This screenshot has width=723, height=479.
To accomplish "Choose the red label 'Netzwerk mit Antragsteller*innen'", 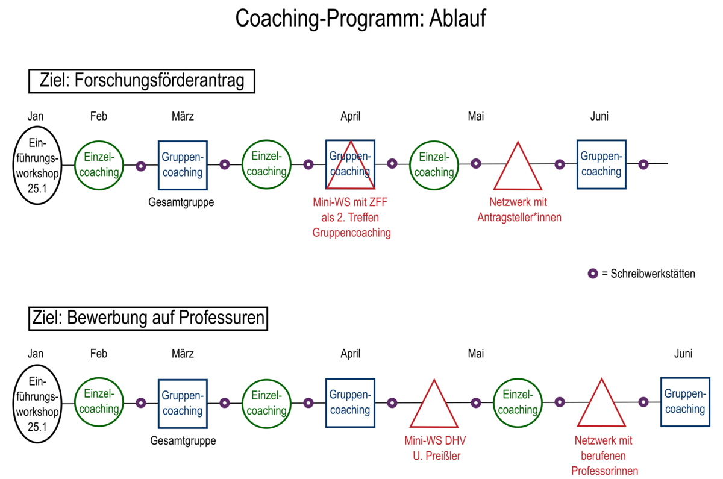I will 519,210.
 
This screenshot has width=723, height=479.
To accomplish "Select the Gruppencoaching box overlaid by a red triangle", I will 350,164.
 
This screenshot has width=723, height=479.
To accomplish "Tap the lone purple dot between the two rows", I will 593,274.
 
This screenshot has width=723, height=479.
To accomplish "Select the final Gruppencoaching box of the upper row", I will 601,164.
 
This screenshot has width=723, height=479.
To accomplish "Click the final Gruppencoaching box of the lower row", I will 684,402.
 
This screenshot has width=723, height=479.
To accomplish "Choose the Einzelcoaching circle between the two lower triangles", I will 518,402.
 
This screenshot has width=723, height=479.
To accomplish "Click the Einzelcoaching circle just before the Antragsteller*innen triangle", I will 434,164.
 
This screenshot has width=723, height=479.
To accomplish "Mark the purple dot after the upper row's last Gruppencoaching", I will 643,164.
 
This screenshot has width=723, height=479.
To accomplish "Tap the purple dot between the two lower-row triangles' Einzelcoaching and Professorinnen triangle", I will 559,402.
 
